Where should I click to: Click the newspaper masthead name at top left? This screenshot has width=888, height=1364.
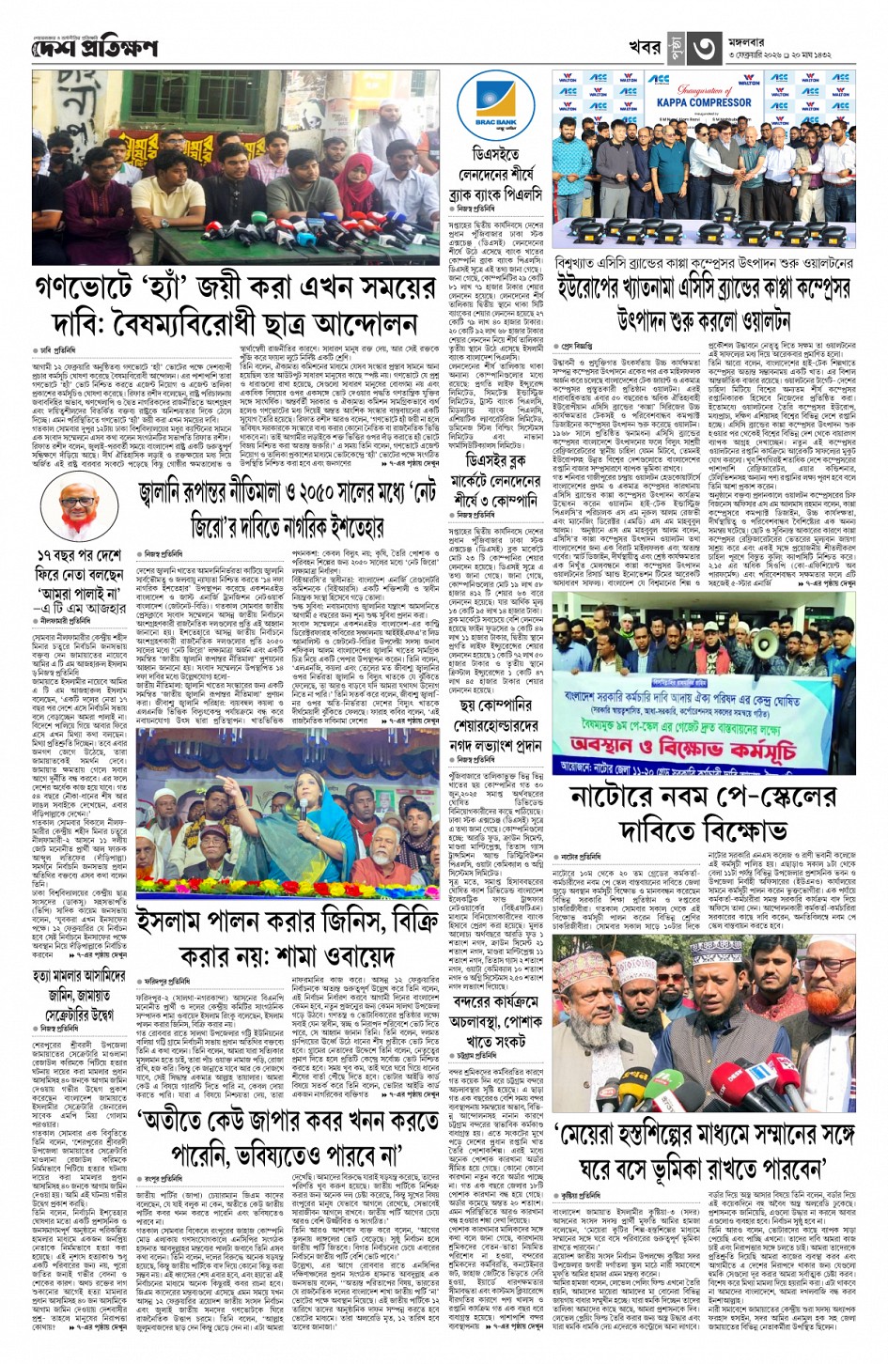point(95,48)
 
